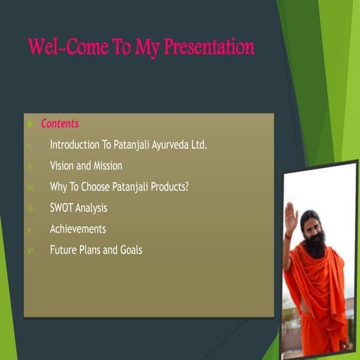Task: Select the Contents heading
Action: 60,124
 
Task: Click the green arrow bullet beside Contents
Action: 30,124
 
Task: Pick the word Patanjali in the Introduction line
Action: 134,144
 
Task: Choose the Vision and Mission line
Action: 85,166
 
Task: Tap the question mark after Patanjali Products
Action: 186,187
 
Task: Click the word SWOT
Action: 62,208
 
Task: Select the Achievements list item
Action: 78,229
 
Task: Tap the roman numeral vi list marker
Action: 31,250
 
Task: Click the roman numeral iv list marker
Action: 31,208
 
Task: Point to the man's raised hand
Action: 290,222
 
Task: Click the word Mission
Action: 106,166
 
